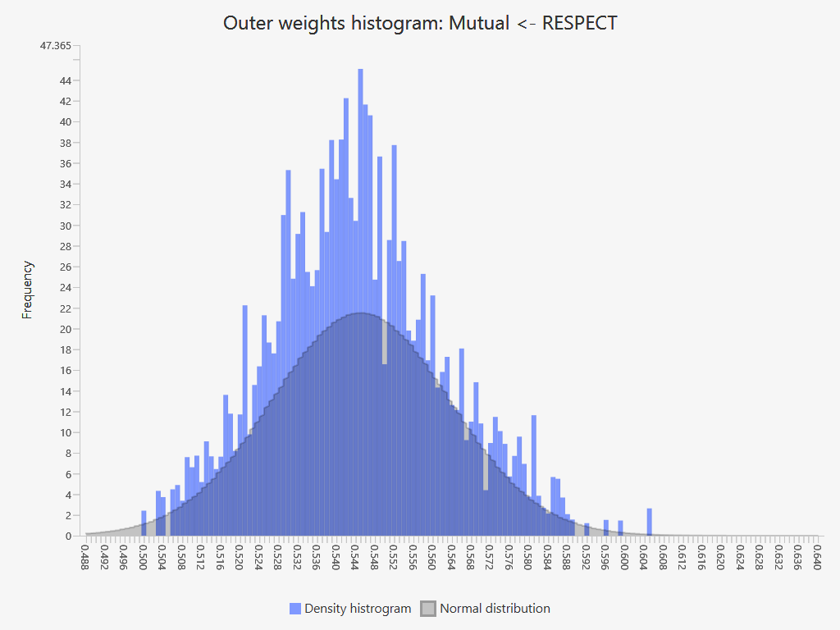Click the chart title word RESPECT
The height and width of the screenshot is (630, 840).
pyautogui.click(x=580, y=23)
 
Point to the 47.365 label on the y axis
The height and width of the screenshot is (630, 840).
pyautogui.click(x=55, y=46)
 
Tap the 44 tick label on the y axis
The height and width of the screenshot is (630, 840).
pyautogui.click(x=64, y=80)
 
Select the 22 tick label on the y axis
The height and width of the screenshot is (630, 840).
pyautogui.click(x=64, y=308)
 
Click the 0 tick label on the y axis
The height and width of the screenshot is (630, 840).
pyautogui.click(x=67, y=536)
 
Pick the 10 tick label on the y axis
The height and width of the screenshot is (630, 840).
pyautogui.click(x=64, y=433)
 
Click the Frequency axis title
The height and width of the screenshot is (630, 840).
pyautogui.click(x=28, y=290)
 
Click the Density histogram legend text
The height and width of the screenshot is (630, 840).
pyautogui.click(x=358, y=609)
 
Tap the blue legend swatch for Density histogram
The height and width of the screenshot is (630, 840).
pyautogui.click(x=295, y=609)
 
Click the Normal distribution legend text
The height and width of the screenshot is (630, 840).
pyautogui.click(x=495, y=609)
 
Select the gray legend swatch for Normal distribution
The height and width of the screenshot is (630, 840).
pyautogui.click(x=428, y=609)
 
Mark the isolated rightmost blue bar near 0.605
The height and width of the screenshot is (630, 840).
pyautogui.click(x=649, y=523)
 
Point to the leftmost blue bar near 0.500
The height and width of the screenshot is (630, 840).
pyautogui.click(x=144, y=524)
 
